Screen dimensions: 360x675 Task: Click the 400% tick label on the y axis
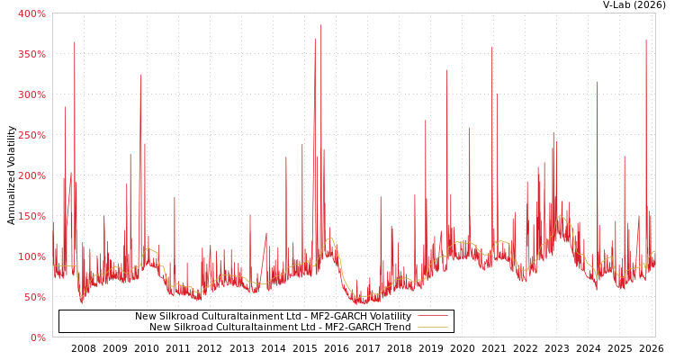point(31,13)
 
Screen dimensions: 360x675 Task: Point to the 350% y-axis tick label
point(31,54)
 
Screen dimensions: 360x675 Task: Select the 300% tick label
point(31,94)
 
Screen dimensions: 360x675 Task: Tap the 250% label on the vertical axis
point(31,135)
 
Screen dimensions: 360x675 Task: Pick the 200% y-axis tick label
point(31,175)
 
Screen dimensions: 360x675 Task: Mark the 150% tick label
point(31,216)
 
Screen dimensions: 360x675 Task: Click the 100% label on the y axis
point(31,256)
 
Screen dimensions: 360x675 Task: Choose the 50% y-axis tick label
point(34,297)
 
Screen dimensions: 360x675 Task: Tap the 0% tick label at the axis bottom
point(38,337)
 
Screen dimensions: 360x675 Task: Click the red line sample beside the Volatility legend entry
point(432,316)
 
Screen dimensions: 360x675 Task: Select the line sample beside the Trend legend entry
point(432,327)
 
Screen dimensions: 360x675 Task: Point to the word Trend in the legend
point(397,327)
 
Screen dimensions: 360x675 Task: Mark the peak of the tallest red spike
point(320,25)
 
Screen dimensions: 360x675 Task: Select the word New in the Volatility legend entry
point(144,316)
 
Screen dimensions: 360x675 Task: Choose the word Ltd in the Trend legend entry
point(297,327)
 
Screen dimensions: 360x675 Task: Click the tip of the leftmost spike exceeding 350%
point(75,41)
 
